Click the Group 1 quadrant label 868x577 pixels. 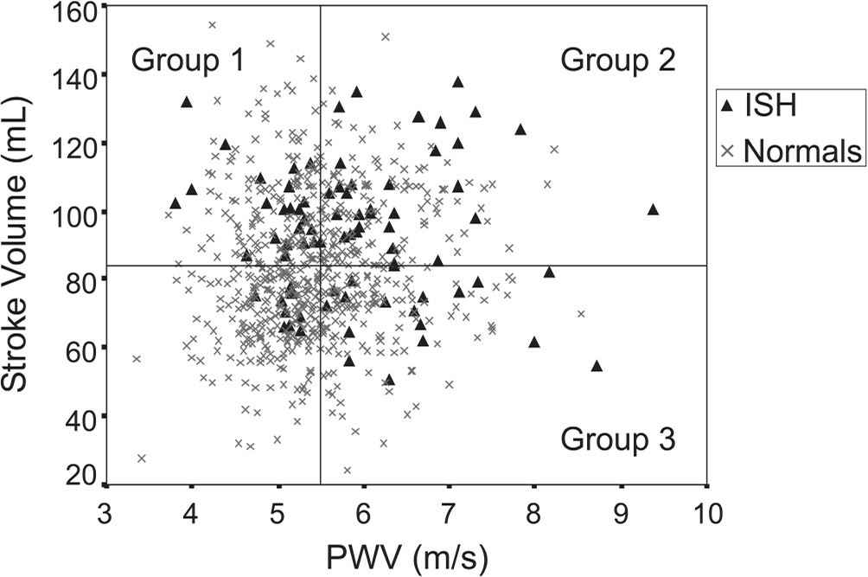pos(187,61)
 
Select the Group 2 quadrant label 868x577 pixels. pos(617,61)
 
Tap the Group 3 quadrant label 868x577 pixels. pos(617,439)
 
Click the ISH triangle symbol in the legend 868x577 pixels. pos(728,106)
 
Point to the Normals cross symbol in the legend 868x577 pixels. pos(728,151)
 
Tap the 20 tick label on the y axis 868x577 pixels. pos(84,475)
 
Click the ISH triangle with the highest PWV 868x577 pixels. pos(653,208)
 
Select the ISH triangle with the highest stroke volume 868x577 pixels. pos(458,82)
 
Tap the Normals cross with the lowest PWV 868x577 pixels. pos(136,359)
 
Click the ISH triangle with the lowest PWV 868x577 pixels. pos(176,203)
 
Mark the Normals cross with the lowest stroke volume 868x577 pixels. pos(348,471)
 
